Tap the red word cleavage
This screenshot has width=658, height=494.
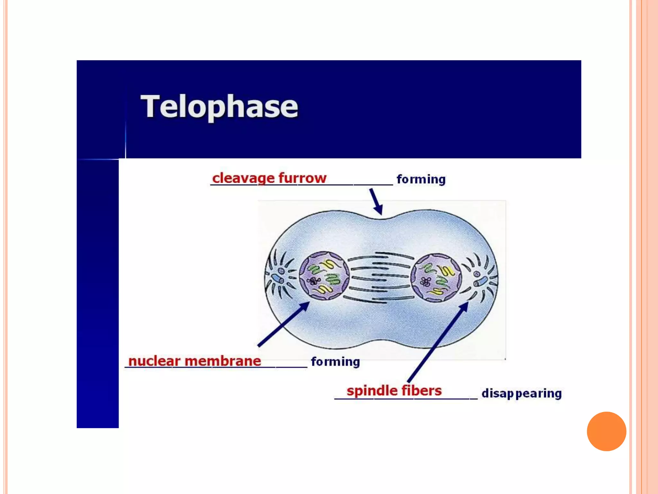tap(243, 178)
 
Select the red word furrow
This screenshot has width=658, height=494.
tap(302, 178)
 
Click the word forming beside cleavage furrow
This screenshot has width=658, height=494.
tap(421, 179)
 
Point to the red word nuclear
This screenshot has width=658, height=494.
tap(154, 361)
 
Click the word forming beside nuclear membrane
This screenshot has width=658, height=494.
tap(335, 361)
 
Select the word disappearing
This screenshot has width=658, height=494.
tap(521, 393)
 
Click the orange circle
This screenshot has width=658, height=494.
tap(606, 431)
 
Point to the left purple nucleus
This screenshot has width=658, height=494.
tap(324, 276)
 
